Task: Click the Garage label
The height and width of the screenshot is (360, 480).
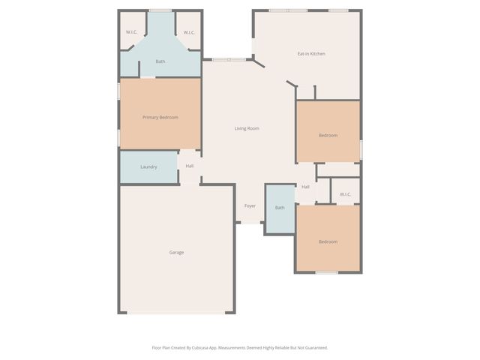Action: click(176, 252)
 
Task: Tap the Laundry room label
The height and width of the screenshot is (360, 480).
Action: click(148, 166)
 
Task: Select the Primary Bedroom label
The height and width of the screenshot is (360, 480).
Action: click(160, 117)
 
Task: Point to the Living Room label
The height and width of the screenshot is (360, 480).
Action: click(247, 128)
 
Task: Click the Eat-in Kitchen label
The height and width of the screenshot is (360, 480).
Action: click(311, 53)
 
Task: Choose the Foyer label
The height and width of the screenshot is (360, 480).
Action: click(250, 205)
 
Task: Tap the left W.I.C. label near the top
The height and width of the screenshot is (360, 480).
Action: click(132, 32)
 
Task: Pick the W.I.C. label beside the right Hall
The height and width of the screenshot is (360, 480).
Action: click(345, 194)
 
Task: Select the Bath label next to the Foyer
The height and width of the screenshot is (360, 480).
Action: click(280, 208)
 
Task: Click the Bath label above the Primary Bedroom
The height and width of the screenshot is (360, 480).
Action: click(160, 61)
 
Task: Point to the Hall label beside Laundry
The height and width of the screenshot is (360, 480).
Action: click(190, 166)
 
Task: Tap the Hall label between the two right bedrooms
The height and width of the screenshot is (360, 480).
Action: click(305, 187)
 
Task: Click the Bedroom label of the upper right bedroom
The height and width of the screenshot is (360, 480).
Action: click(328, 135)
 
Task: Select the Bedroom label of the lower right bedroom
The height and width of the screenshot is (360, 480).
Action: click(328, 241)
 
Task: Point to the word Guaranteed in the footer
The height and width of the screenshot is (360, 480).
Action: click(316, 347)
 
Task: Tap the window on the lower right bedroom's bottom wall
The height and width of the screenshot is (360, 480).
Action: click(325, 273)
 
